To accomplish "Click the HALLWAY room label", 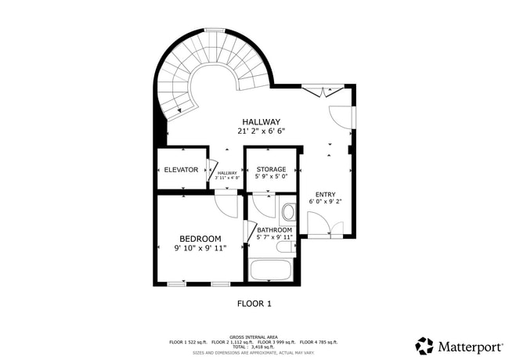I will (x=261, y=121).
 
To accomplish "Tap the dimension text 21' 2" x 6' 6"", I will (x=261, y=131).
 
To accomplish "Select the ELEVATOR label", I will (x=181, y=170).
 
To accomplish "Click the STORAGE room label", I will (x=271, y=169).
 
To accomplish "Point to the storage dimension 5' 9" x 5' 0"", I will (x=271, y=177).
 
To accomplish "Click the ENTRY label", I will (x=325, y=194).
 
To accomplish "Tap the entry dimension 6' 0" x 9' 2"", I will (x=325, y=202).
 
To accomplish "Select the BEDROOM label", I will (x=200, y=239).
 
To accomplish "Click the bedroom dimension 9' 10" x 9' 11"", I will (x=200, y=248).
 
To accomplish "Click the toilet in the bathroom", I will (x=287, y=212).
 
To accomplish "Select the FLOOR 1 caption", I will (x=254, y=303).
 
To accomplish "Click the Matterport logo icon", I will (x=424, y=345).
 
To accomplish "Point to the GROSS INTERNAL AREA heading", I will (x=254, y=337).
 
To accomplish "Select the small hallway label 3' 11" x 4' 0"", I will (x=227, y=178).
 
